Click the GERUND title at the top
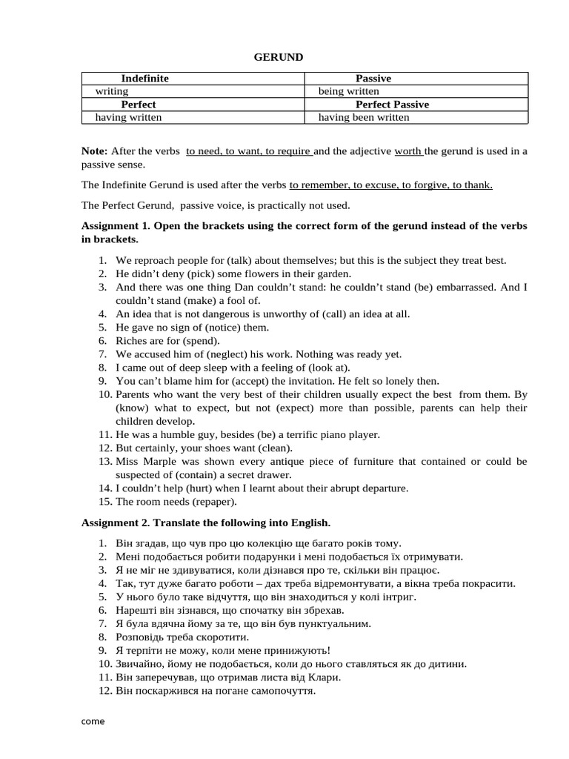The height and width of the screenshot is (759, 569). click(x=278, y=57)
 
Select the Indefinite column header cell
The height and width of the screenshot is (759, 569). click(x=144, y=79)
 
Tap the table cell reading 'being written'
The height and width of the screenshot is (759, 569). click(x=348, y=91)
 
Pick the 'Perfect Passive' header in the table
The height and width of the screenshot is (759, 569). click(x=392, y=105)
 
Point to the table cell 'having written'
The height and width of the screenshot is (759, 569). click(x=128, y=117)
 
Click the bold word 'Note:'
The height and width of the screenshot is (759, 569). click(x=94, y=151)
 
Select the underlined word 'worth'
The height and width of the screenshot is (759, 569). click(x=408, y=151)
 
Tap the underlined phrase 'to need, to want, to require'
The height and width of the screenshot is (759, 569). click(x=248, y=151)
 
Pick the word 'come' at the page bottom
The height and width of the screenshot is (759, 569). click(x=93, y=721)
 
